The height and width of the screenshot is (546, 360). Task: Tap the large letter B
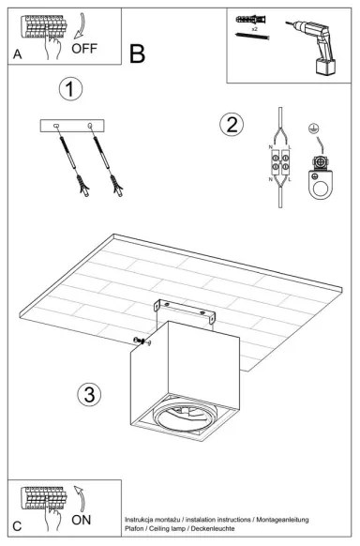click(138, 53)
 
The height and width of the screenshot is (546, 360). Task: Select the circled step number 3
click(89, 394)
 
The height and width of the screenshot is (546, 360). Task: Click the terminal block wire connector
click(280, 166)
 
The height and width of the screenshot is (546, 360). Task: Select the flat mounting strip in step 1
click(75, 126)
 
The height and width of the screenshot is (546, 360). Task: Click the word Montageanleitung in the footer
click(276, 519)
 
